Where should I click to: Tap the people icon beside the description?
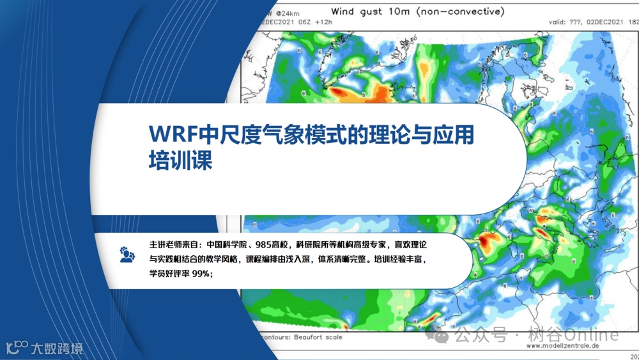[x=127, y=254]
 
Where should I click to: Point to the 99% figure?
[x=201, y=273]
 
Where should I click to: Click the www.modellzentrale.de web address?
[x=563, y=346]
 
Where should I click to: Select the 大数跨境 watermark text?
[x=58, y=348]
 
